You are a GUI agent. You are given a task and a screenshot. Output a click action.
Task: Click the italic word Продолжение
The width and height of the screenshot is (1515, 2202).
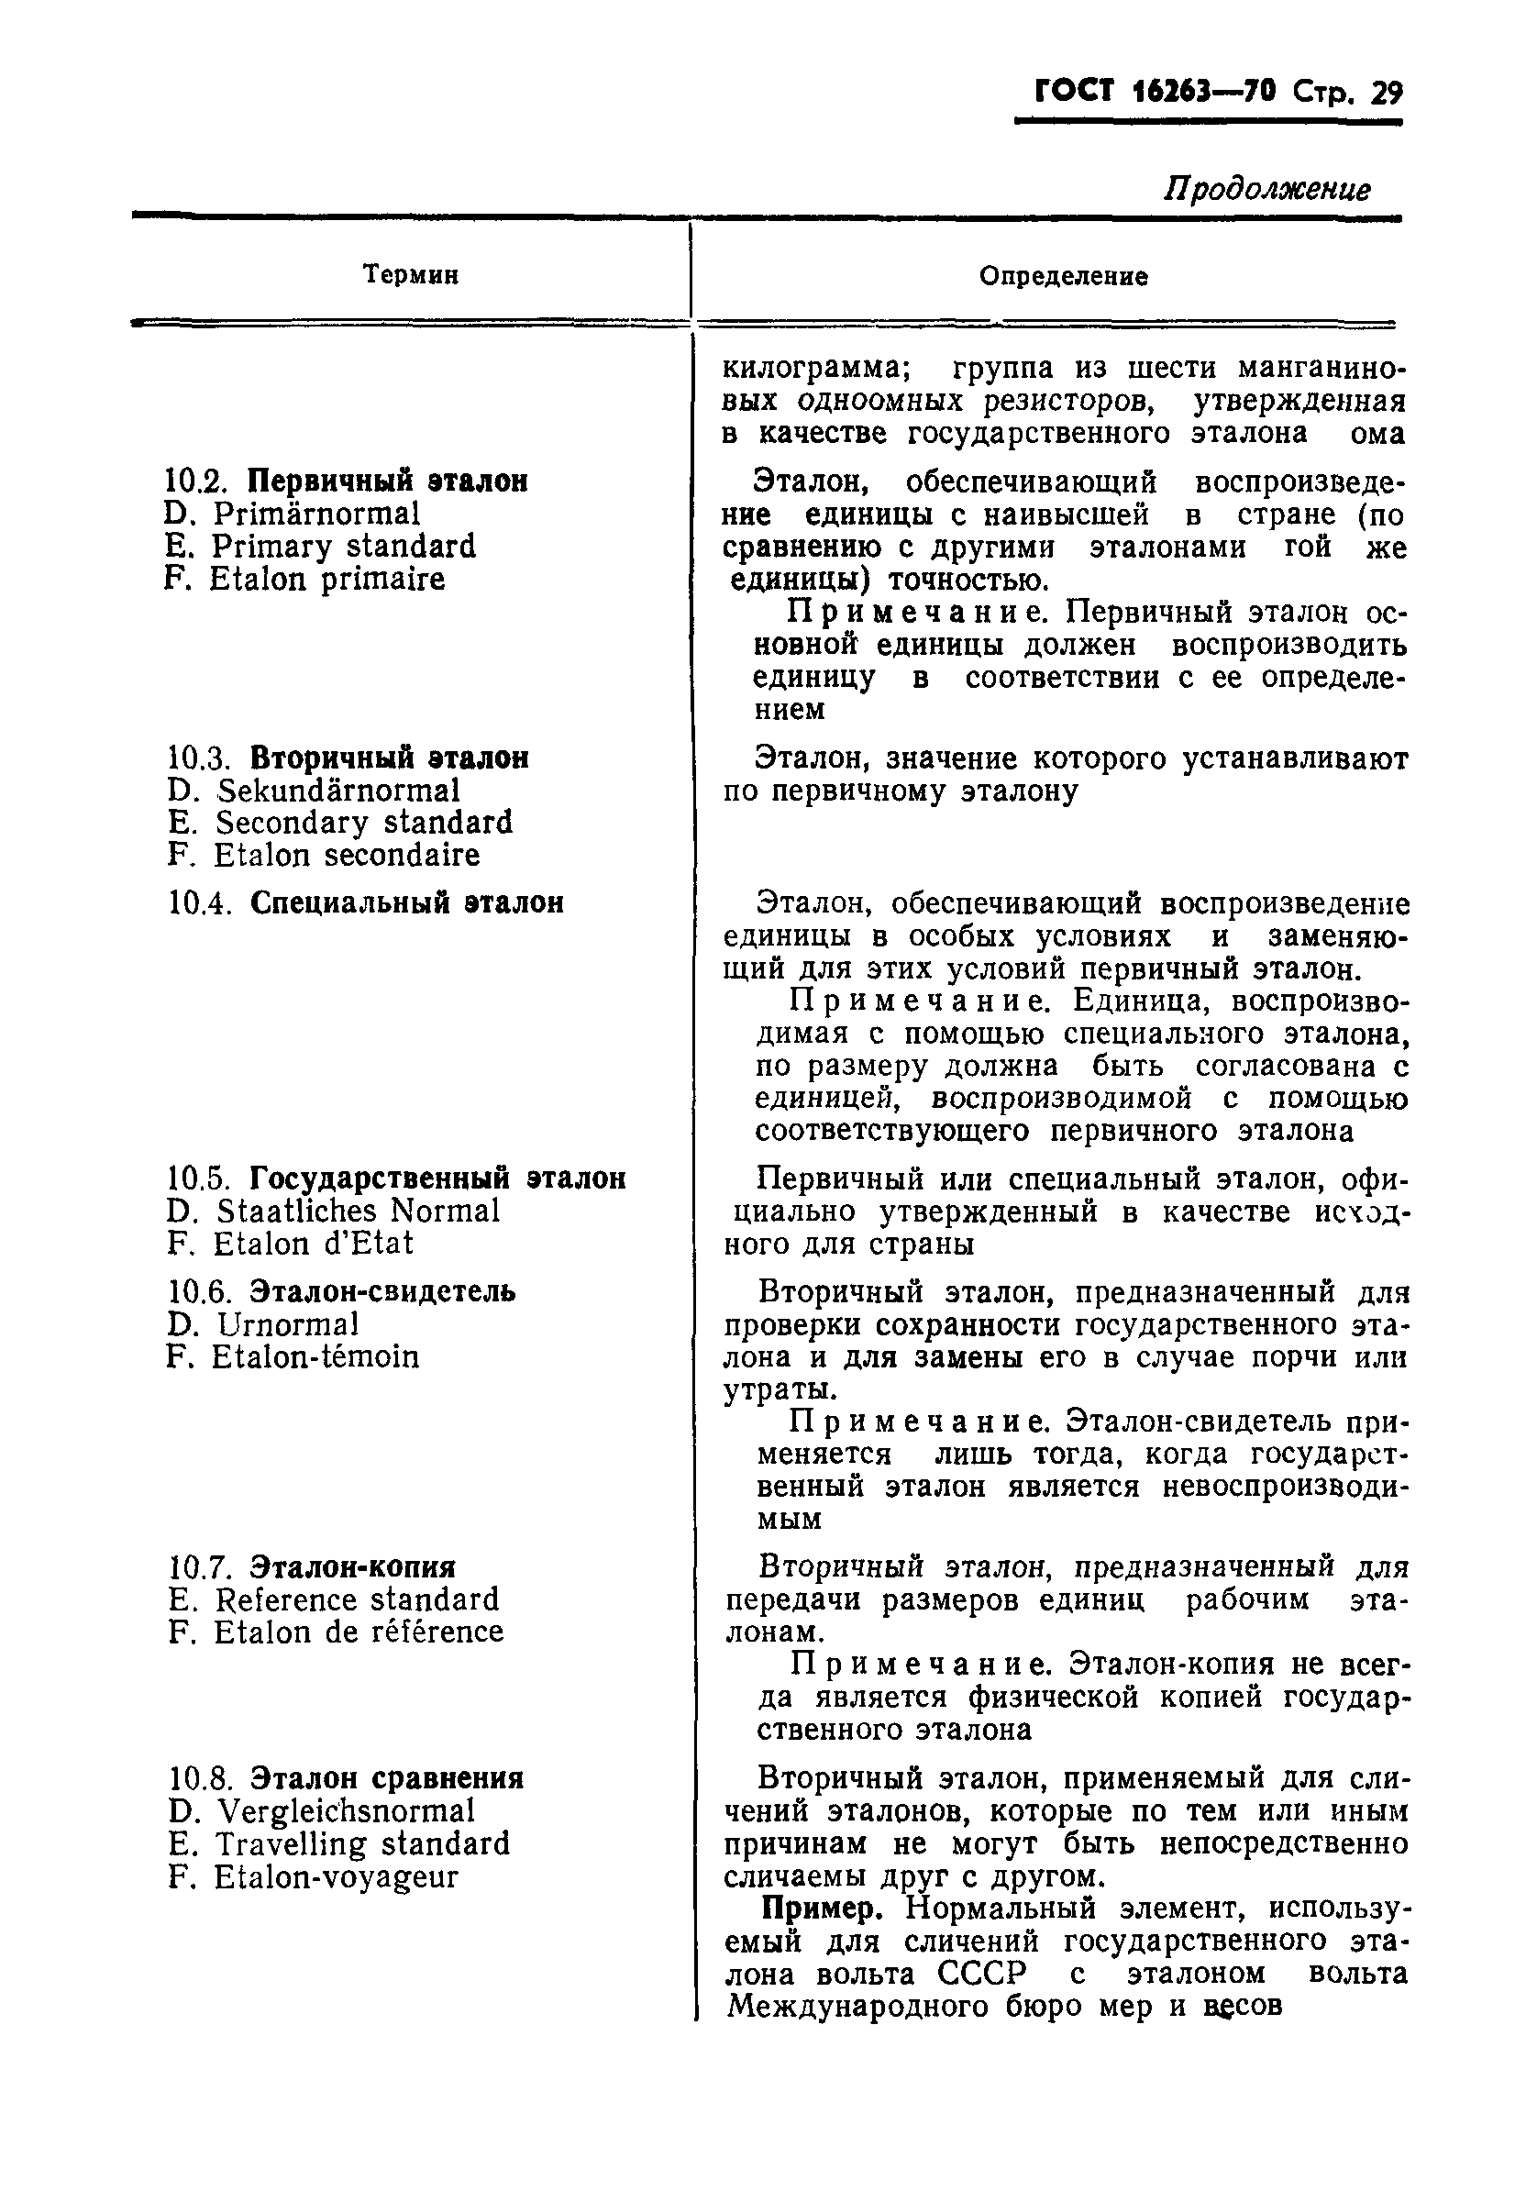click(1266, 189)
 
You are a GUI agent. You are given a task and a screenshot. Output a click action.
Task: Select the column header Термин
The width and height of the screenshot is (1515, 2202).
click(411, 275)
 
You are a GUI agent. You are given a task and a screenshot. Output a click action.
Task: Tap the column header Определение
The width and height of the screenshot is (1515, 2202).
click(1063, 276)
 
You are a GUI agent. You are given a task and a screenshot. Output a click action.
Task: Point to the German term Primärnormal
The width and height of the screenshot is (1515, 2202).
click(316, 515)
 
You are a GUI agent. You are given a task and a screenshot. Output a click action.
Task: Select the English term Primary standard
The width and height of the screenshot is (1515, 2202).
click(344, 547)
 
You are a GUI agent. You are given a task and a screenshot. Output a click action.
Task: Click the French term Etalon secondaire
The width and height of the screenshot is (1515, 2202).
click(347, 855)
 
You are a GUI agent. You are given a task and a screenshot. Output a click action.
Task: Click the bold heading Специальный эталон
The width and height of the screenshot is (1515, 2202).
click(406, 902)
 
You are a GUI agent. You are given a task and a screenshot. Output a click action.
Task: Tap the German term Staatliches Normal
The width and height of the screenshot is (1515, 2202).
click(358, 1212)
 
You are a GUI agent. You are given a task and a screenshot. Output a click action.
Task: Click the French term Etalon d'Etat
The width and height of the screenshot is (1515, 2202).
click(314, 1244)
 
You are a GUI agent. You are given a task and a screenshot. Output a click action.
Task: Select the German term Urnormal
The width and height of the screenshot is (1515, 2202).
click(288, 1324)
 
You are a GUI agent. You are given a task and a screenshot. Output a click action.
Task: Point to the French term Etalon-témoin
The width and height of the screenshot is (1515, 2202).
click(315, 1357)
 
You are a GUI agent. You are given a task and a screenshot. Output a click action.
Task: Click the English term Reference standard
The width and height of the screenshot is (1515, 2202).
click(356, 1599)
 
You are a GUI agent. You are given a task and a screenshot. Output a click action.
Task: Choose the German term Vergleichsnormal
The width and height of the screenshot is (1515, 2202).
click(346, 1811)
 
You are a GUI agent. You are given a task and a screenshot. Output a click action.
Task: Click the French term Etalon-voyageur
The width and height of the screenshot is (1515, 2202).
click(335, 1876)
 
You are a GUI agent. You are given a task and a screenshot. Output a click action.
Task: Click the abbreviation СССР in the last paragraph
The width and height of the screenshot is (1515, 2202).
click(981, 1974)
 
